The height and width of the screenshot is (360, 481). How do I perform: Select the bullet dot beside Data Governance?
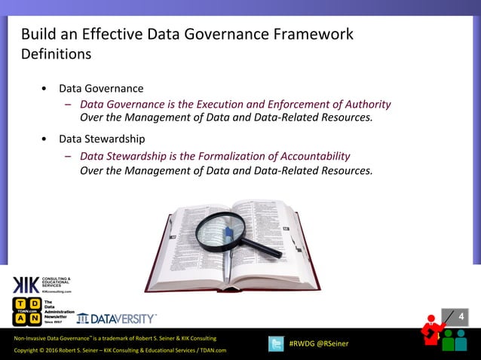(x=47, y=89)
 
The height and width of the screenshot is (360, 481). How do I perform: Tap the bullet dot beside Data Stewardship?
(x=47, y=139)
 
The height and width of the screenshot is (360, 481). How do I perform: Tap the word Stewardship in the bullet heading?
(x=115, y=139)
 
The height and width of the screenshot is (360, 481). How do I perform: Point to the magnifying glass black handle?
(x=264, y=247)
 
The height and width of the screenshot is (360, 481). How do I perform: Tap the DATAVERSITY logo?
(x=117, y=318)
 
